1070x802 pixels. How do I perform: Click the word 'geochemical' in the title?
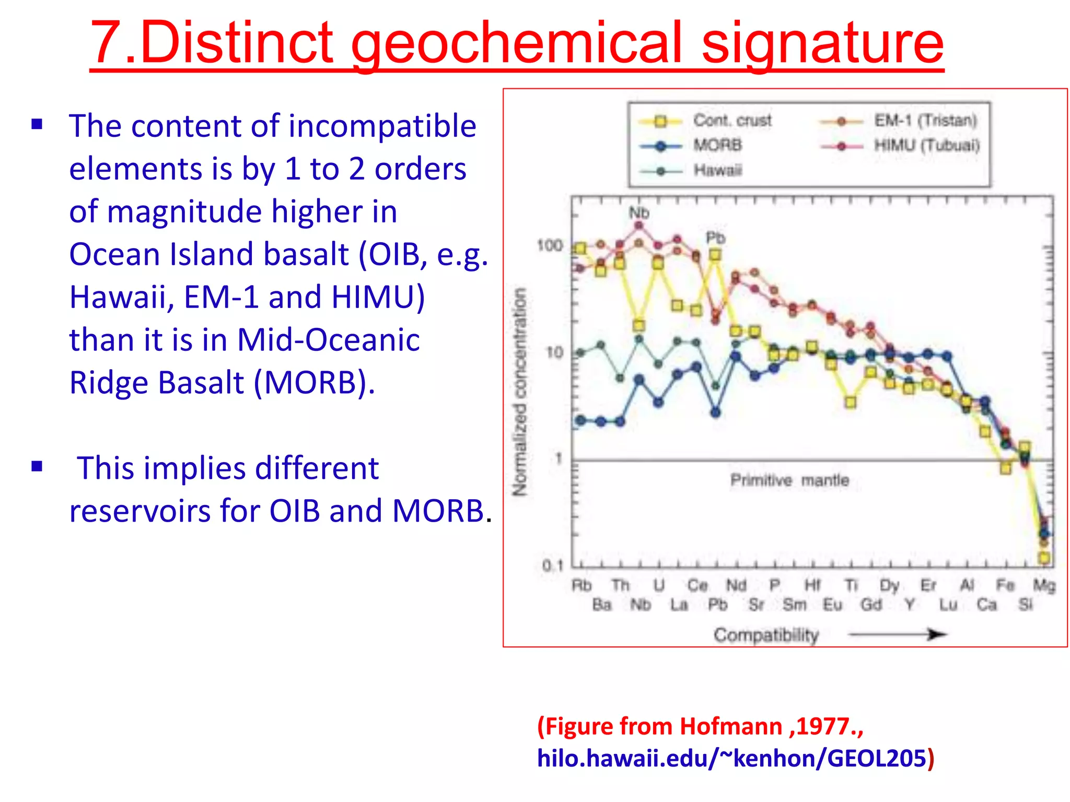(x=517, y=43)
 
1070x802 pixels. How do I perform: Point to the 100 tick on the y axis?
(x=550, y=245)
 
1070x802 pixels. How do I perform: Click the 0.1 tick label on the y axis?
(x=552, y=565)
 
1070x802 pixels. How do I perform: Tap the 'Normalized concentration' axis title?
(x=519, y=392)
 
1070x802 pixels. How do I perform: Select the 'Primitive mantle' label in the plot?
(x=789, y=480)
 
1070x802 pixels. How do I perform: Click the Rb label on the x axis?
(x=581, y=586)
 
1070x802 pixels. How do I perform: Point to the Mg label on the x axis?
(x=1044, y=586)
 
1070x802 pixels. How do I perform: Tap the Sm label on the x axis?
(x=795, y=605)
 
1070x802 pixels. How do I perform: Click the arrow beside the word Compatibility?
(x=897, y=635)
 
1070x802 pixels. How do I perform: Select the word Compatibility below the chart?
(x=766, y=635)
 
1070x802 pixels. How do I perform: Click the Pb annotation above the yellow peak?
(x=716, y=238)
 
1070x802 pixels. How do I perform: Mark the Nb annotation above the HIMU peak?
(x=639, y=213)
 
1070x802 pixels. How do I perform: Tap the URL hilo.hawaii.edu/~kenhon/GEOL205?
(x=731, y=758)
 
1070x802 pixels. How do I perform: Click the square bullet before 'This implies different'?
(x=37, y=466)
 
